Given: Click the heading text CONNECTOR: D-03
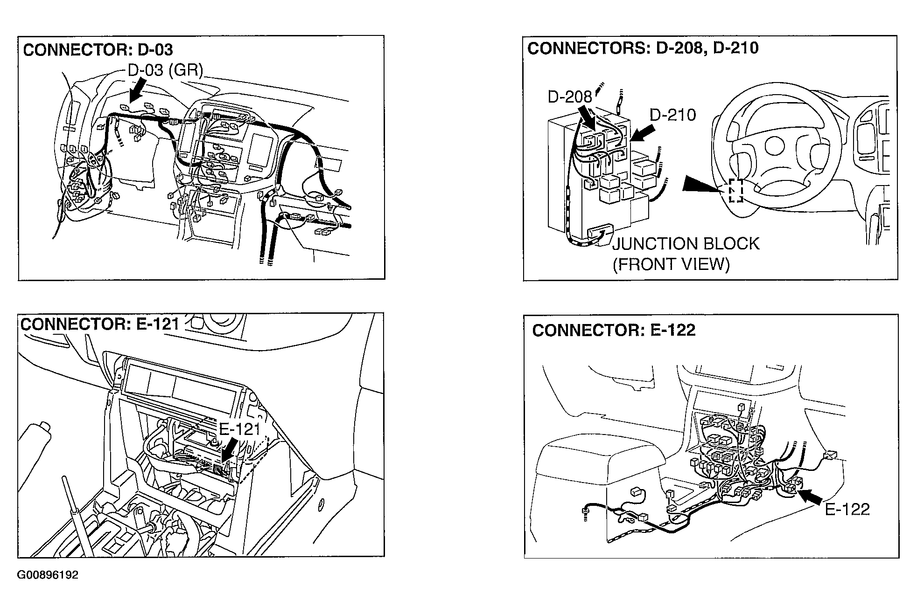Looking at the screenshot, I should pyautogui.click(x=98, y=50).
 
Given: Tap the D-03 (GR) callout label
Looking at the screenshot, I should pyautogui.click(x=165, y=70).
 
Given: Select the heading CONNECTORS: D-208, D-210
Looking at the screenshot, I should pyautogui.click(x=643, y=48).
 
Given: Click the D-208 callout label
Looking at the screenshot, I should pyautogui.click(x=569, y=97).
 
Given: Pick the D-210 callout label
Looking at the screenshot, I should pyautogui.click(x=672, y=115).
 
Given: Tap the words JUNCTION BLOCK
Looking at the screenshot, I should pyautogui.click(x=686, y=244).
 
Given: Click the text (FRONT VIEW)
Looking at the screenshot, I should pyautogui.click(x=671, y=264).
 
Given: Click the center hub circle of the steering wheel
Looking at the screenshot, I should pyautogui.click(x=774, y=146).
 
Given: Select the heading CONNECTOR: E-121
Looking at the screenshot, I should pyautogui.click(x=100, y=324).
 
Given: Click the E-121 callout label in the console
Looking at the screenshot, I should pyautogui.click(x=239, y=429).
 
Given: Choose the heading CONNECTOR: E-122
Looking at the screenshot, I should pyautogui.click(x=614, y=331).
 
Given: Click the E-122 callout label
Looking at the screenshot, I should pyautogui.click(x=847, y=509).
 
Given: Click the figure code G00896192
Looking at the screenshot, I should pyautogui.click(x=48, y=575).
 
